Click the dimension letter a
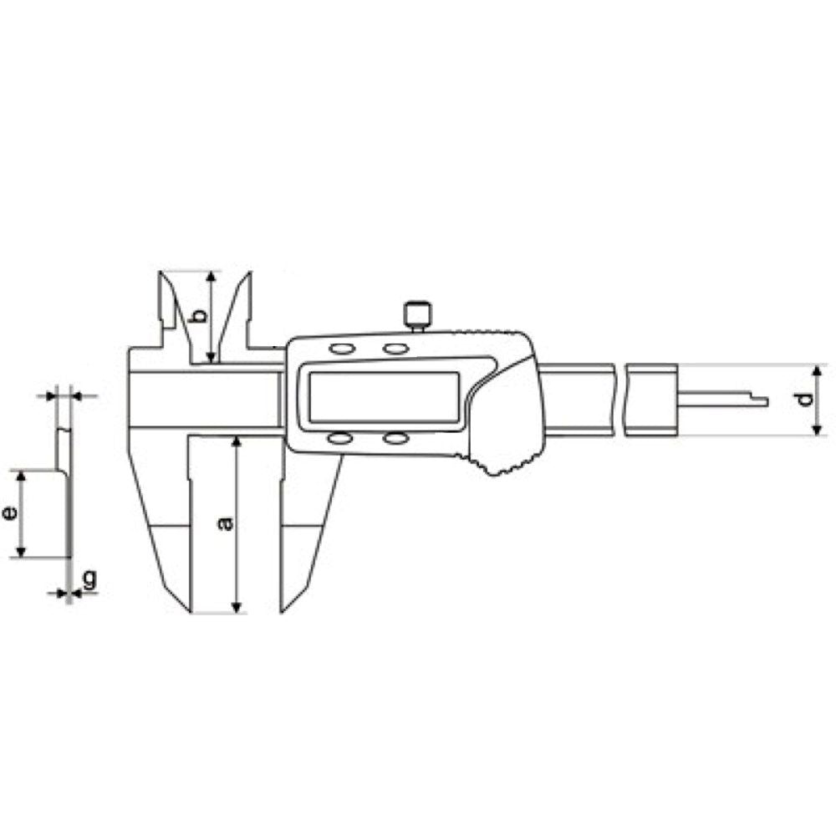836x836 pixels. point(226,523)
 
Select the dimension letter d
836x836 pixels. point(806,399)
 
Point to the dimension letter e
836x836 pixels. point(9,513)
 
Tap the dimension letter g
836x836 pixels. point(90,579)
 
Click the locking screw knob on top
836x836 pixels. point(418,314)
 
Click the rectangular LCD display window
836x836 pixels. point(384,397)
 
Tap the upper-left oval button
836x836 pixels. point(342,349)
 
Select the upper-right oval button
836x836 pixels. point(395,349)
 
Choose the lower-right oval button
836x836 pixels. point(395,439)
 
